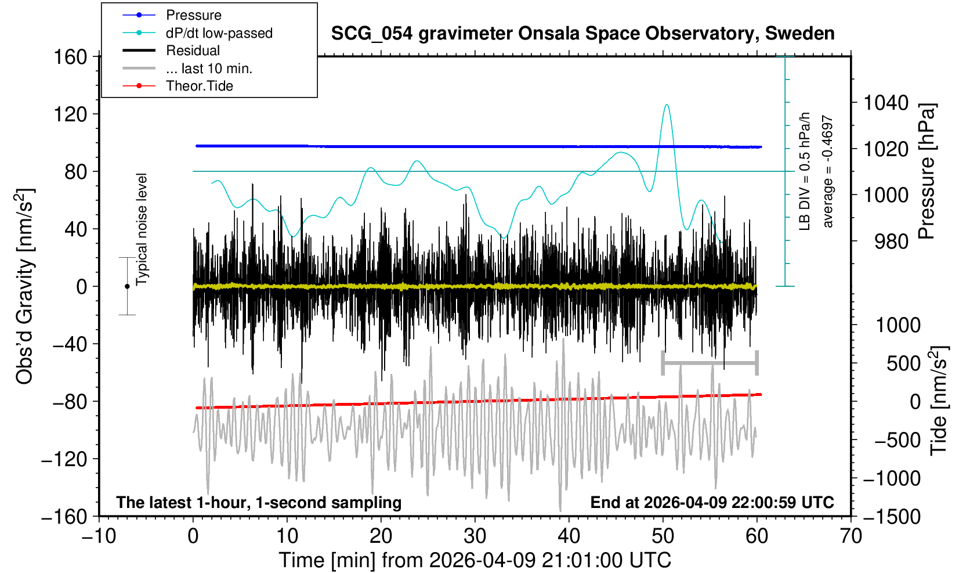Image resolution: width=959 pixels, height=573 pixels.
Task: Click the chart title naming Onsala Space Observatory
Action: click(x=582, y=34)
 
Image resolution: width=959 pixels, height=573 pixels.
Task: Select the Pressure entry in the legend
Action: click(x=193, y=15)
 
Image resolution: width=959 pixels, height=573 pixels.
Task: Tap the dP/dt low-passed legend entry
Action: click(x=219, y=33)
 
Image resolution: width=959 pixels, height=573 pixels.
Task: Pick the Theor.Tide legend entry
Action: click(x=199, y=86)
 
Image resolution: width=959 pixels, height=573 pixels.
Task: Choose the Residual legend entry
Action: click(x=193, y=51)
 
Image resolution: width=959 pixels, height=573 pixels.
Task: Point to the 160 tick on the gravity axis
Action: click(x=70, y=57)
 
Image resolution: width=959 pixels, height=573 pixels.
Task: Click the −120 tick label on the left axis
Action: click(x=64, y=459)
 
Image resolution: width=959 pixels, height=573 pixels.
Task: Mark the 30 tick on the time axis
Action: click(x=475, y=535)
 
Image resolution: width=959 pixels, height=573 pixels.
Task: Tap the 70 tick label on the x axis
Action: click(x=851, y=535)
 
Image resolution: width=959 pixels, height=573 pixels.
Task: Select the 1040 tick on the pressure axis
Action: click(x=886, y=103)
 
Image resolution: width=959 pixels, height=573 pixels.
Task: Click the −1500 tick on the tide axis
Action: click(x=892, y=516)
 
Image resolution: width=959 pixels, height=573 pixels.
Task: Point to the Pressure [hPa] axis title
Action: click(x=927, y=171)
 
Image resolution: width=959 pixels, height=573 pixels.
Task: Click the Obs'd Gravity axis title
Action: click(x=24, y=286)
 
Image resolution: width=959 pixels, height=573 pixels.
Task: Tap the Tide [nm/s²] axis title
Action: click(x=938, y=401)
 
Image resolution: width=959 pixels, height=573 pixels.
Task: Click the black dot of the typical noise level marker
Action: click(x=127, y=286)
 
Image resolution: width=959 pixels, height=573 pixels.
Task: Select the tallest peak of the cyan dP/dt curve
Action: click(x=667, y=105)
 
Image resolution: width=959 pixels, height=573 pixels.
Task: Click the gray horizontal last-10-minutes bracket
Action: click(x=710, y=363)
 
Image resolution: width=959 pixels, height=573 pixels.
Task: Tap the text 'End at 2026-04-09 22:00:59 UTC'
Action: click(x=712, y=502)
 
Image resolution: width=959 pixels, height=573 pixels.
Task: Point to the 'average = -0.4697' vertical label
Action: click(x=828, y=171)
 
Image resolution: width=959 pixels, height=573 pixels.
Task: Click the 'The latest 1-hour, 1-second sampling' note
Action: click(x=259, y=502)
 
